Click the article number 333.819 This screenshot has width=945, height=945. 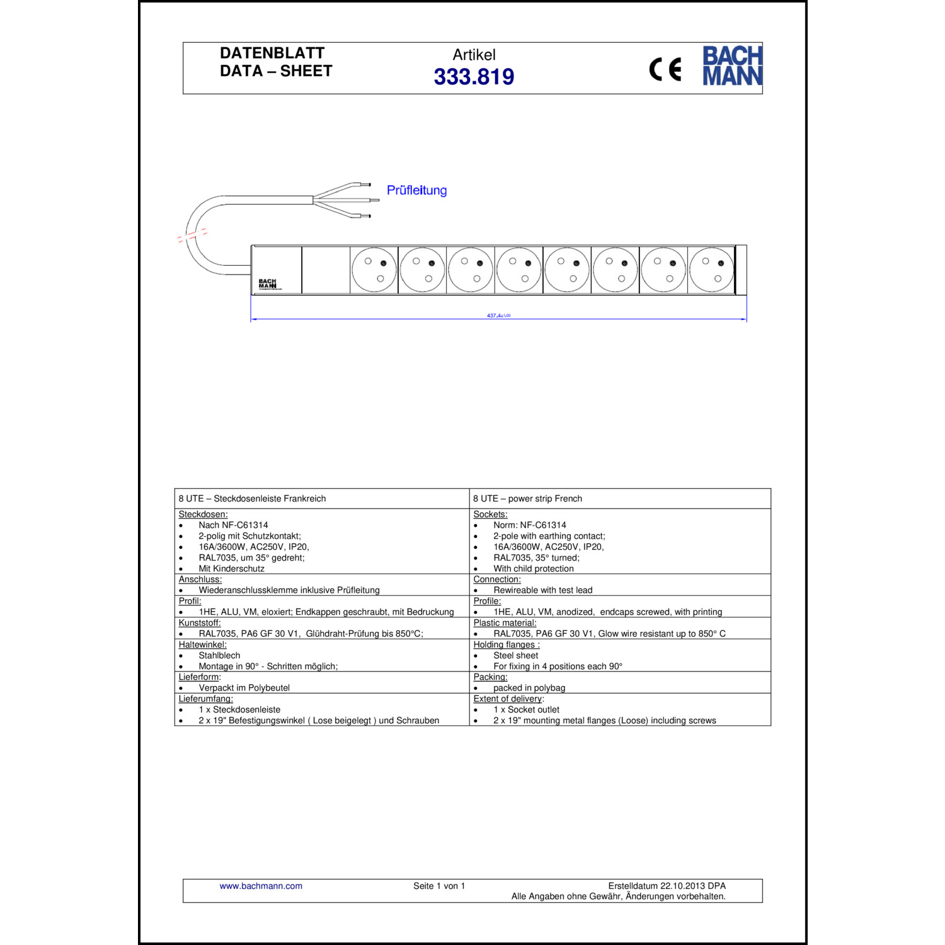[x=474, y=77]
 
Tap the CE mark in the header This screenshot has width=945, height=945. [x=665, y=69]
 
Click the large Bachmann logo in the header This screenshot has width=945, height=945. [x=732, y=66]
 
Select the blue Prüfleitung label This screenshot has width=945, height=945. [x=416, y=190]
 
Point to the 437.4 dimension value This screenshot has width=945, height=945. [x=498, y=316]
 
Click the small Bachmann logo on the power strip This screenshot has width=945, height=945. [x=268, y=283]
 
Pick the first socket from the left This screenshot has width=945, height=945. [x=374, y=270]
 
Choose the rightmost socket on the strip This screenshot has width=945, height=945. [x=711, y=270]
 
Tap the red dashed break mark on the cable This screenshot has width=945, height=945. [x=193, y=235]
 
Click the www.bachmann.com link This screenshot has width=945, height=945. [x=261, y=886]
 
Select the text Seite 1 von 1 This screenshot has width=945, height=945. [x=439, y=886]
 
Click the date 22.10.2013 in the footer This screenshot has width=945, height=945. [x=682, y=886]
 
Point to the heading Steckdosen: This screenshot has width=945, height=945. [x=203, y=514]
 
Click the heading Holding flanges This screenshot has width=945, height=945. [x=507, y=644]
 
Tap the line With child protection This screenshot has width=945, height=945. [x=533, y=568]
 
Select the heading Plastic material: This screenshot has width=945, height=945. [x=505, y=623]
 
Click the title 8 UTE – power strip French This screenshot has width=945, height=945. [x=527, y=498]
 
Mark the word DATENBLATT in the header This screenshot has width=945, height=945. [x=272, y=53]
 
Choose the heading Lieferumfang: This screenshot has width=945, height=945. [x=205, y=699]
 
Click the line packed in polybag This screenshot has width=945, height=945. [x=529, y=688]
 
